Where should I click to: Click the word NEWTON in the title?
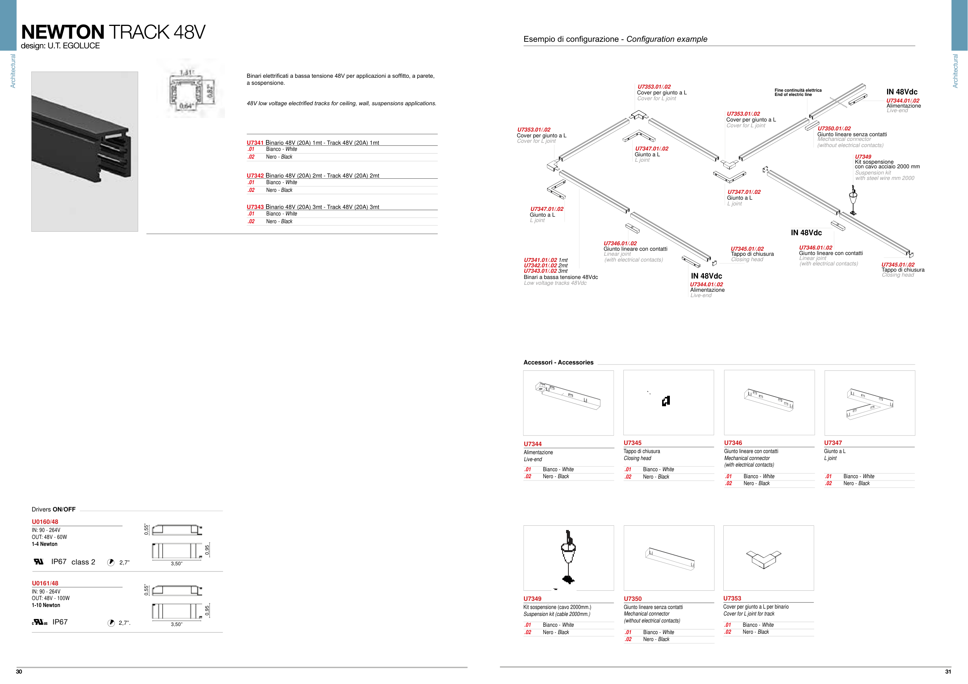click(62, 32)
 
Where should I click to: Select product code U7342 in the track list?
click(255, 176)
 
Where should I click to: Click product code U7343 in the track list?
click(255, 207)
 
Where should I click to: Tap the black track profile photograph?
click(85, 152)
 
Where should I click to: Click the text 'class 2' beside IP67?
click(83, 562)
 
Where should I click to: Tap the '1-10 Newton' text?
click(46, 605)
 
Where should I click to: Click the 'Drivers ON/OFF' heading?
click(53, 509)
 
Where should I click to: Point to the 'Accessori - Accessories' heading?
click(558, 362)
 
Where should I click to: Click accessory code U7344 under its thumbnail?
click(532, 444)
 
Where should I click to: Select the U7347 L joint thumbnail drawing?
click(869, 403)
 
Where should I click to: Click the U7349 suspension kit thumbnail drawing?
click(568, 557)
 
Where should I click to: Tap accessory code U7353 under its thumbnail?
click(732, 598)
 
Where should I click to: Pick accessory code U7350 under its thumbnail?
click(632, 599)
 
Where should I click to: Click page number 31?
click(948, 672)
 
